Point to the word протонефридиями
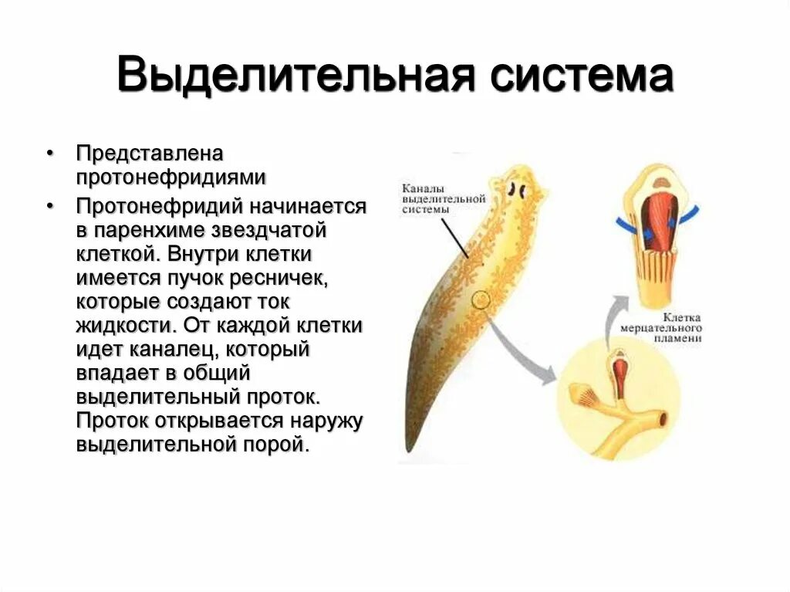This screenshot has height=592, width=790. click(170, 178)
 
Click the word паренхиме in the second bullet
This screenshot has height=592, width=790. click(176, 230)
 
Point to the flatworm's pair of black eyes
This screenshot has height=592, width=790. click(517, 188)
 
